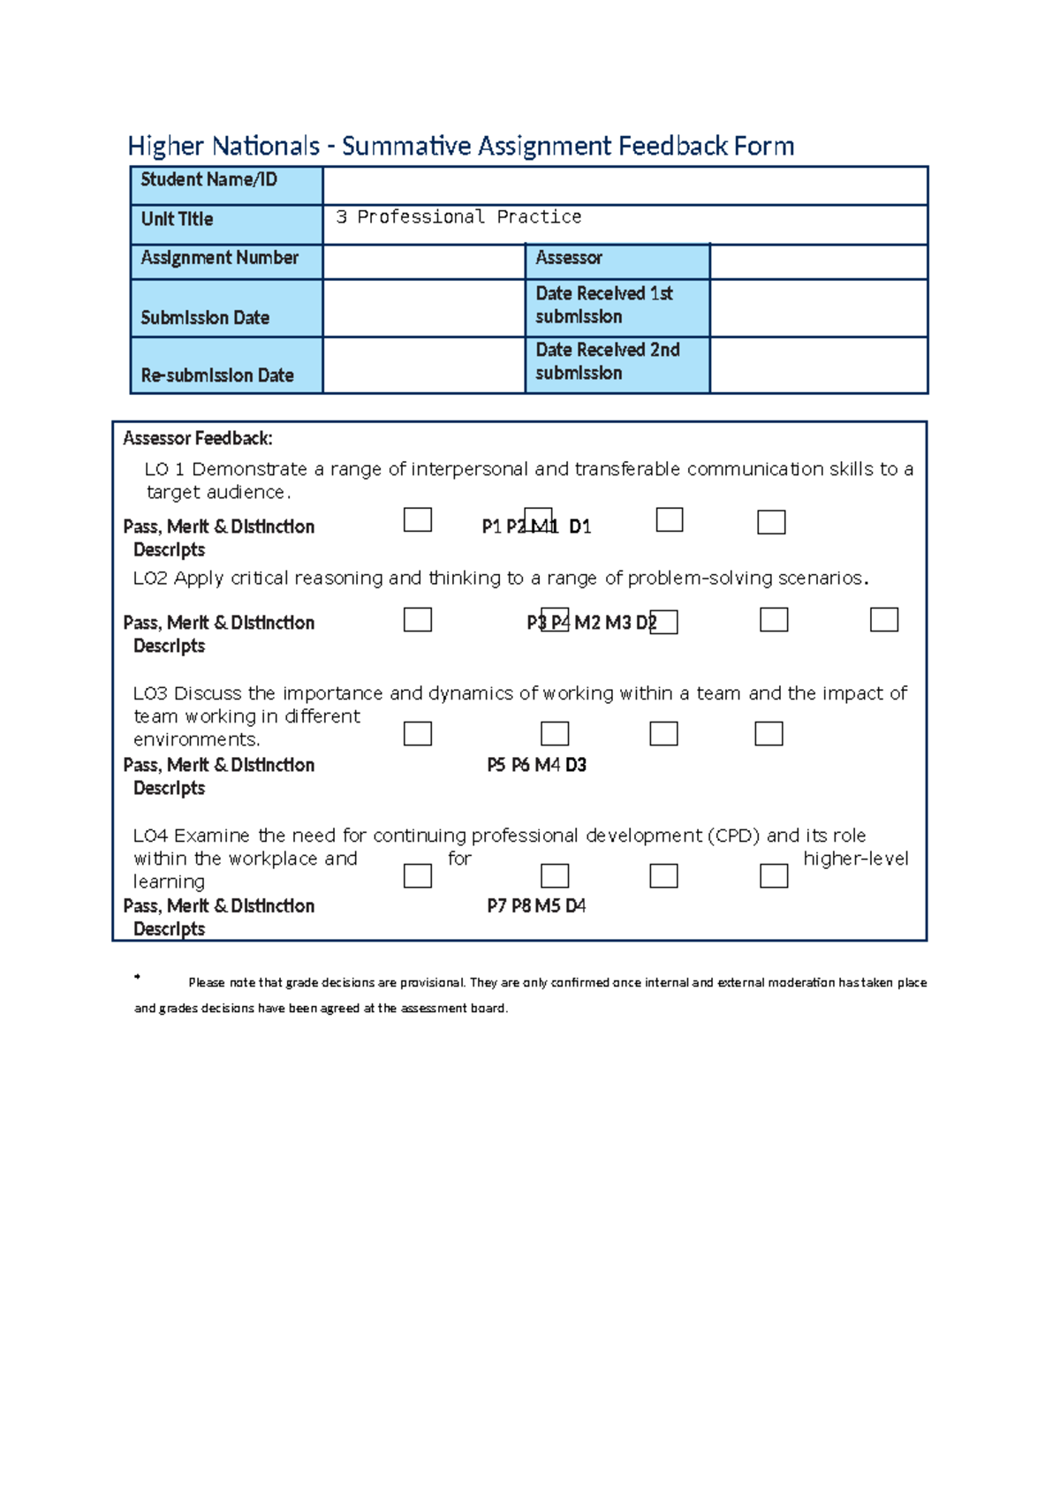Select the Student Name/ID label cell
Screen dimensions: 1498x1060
coord(226,185)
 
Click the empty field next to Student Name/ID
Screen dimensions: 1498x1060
coord(625,185)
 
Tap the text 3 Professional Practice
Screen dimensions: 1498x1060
coord(458,217)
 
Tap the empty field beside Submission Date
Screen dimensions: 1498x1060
coord(424,308)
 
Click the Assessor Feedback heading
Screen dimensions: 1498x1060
coord(198,438)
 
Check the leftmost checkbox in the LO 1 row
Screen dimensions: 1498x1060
coord(418,519)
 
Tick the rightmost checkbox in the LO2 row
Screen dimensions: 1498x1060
coord(884,619)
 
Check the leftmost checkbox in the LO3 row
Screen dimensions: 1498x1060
coord(418,734)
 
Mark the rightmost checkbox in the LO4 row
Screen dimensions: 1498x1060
coord(774,875)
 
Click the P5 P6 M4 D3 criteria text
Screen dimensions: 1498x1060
coord(536,765)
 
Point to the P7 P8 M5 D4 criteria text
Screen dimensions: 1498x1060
coord(536,906)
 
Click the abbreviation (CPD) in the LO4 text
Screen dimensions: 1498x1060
coord(733,836)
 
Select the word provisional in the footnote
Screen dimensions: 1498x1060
coord(432,982)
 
